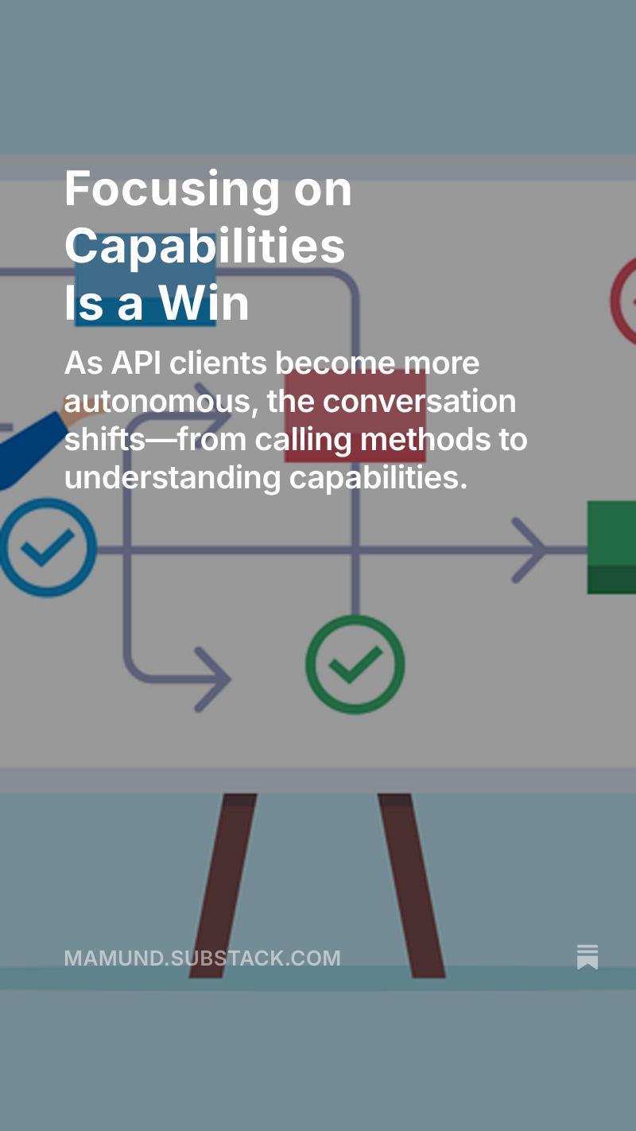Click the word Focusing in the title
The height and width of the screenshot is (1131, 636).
pos(173,191)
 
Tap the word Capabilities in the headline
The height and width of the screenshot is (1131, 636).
pos(205,247)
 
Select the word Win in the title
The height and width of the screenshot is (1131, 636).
pos(204,303)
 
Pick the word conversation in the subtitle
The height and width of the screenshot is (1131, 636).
pos(420,402)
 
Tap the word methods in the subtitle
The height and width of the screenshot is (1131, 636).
pos(425,439)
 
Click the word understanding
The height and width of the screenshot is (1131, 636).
pos(173,478)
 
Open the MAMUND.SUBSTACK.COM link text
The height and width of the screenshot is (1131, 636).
pos(203,958)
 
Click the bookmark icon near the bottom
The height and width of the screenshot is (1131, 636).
pos(588,957)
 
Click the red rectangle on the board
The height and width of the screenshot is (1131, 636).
pos(355,415)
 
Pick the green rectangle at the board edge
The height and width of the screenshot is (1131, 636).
pos(612,547)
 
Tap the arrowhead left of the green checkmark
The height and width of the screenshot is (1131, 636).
pos(213,679)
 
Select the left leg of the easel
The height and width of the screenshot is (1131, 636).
pos(223,885)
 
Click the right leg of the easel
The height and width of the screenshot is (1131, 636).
pos(411,885)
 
